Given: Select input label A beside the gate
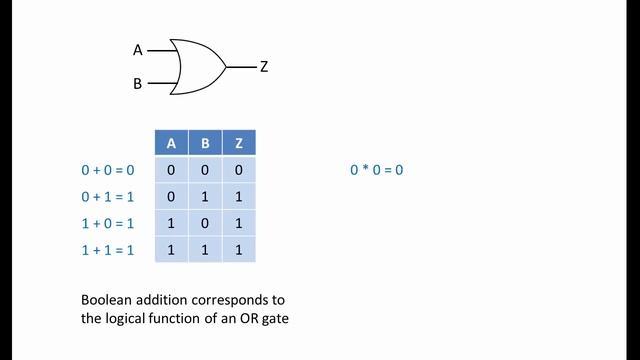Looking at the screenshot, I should coord(138,49).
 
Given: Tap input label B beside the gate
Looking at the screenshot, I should coord(138,84).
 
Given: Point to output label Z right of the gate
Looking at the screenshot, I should coord(264,67).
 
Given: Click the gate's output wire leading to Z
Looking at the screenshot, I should coord(240,67).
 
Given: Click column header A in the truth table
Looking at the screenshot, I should coord(171,143).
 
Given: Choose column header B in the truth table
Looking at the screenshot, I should coord(205,143).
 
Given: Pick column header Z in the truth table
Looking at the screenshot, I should coord(238,143).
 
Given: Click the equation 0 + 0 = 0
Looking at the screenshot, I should coord(107,170).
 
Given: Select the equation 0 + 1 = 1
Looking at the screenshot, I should coord(107,196).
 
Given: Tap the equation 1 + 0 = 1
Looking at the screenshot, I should coord(107,222).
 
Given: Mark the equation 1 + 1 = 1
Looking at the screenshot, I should coord(107,248).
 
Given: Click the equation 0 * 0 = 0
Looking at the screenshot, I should coord(376,170).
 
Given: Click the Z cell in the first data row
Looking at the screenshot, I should coord(238,170).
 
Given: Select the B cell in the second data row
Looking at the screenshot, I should coord(205,196).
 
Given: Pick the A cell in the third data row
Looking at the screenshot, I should coord(171,222).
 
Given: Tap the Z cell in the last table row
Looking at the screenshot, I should coord(238,248).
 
